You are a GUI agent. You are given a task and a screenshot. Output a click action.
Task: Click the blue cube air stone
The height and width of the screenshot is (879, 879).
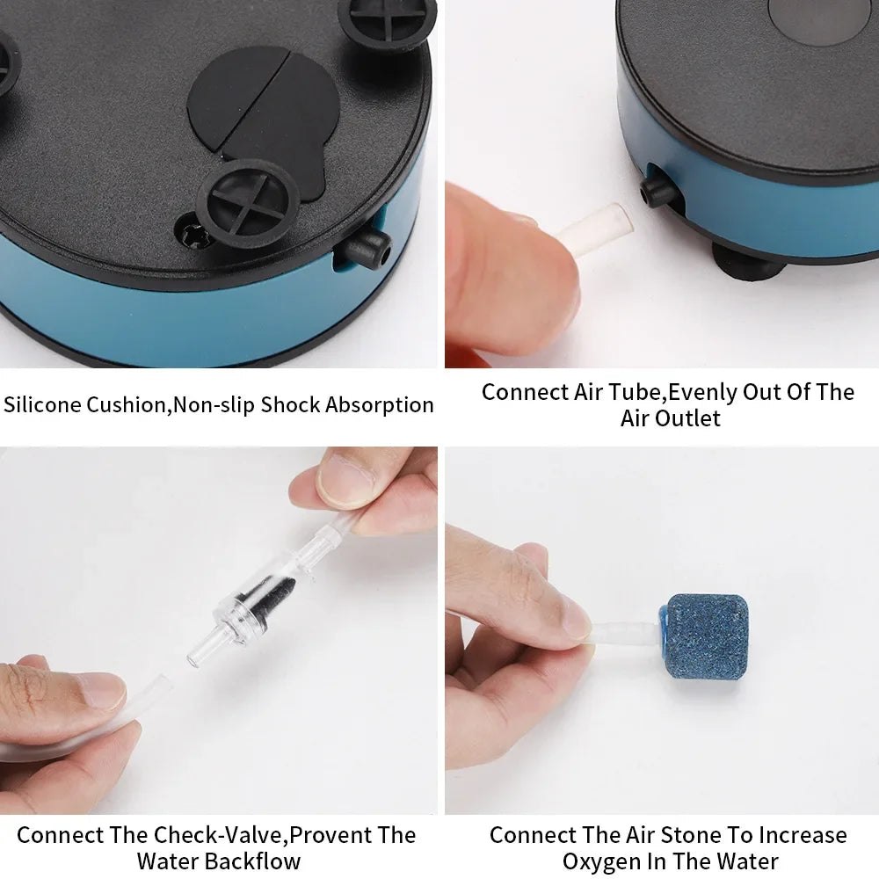[706, 636]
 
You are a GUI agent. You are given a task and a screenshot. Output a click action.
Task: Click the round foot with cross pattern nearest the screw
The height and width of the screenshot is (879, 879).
[248, 201]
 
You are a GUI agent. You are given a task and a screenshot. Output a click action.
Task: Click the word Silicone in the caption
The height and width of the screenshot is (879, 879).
[42, 405]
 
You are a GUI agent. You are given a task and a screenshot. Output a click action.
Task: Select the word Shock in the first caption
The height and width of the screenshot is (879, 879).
[291, 405]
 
